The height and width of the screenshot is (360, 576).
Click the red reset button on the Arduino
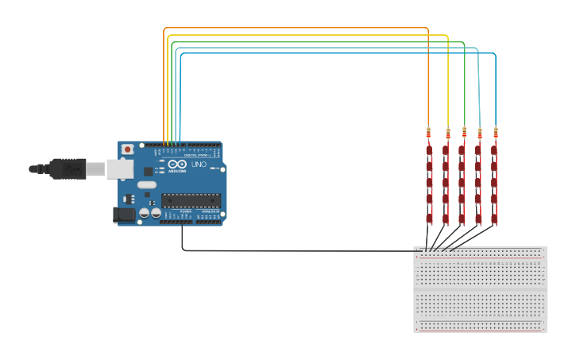pyautogui.click(x=127, y=149)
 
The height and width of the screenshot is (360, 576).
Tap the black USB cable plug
pyautogui.click(x=67, y=168)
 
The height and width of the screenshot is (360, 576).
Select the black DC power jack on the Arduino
pyautogui.click(x=124, y=215)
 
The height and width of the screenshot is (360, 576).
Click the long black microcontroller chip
pyautogui.click(x=190, y=199)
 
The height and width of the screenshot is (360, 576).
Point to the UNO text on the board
pyautogui.click(x=199, y=165)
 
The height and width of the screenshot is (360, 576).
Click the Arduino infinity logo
pyautogui.click(x=177, y=164)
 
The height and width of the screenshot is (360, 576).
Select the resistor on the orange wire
pyautogui.click(x=428, y=131)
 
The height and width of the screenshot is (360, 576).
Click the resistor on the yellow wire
pyautogui.click(x=448, y=132)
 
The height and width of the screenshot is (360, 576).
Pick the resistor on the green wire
pyautogui.click(x=464, y=131)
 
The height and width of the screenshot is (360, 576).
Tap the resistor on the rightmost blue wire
pyautogui.click(x=496, y=131)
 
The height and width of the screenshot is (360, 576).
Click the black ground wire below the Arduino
pyautogui.click(x=294, y=251)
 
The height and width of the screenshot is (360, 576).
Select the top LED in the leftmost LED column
pyautogui.click(x=428, y=149)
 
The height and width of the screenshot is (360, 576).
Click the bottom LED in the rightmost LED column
pyautogui.click(x=494, y=217)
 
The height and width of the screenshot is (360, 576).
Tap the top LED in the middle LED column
pyautogui.click(x=462, y=149)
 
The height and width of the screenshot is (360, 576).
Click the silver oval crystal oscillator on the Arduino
pyautogui.click(x=147, y=184)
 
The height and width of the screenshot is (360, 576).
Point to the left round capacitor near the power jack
pyautogui.click(x=145, y=213)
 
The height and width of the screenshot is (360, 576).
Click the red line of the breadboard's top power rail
pyautogui.click(x=481, y=257)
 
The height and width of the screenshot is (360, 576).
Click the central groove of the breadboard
pyautogui.click(x=481, y=289)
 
